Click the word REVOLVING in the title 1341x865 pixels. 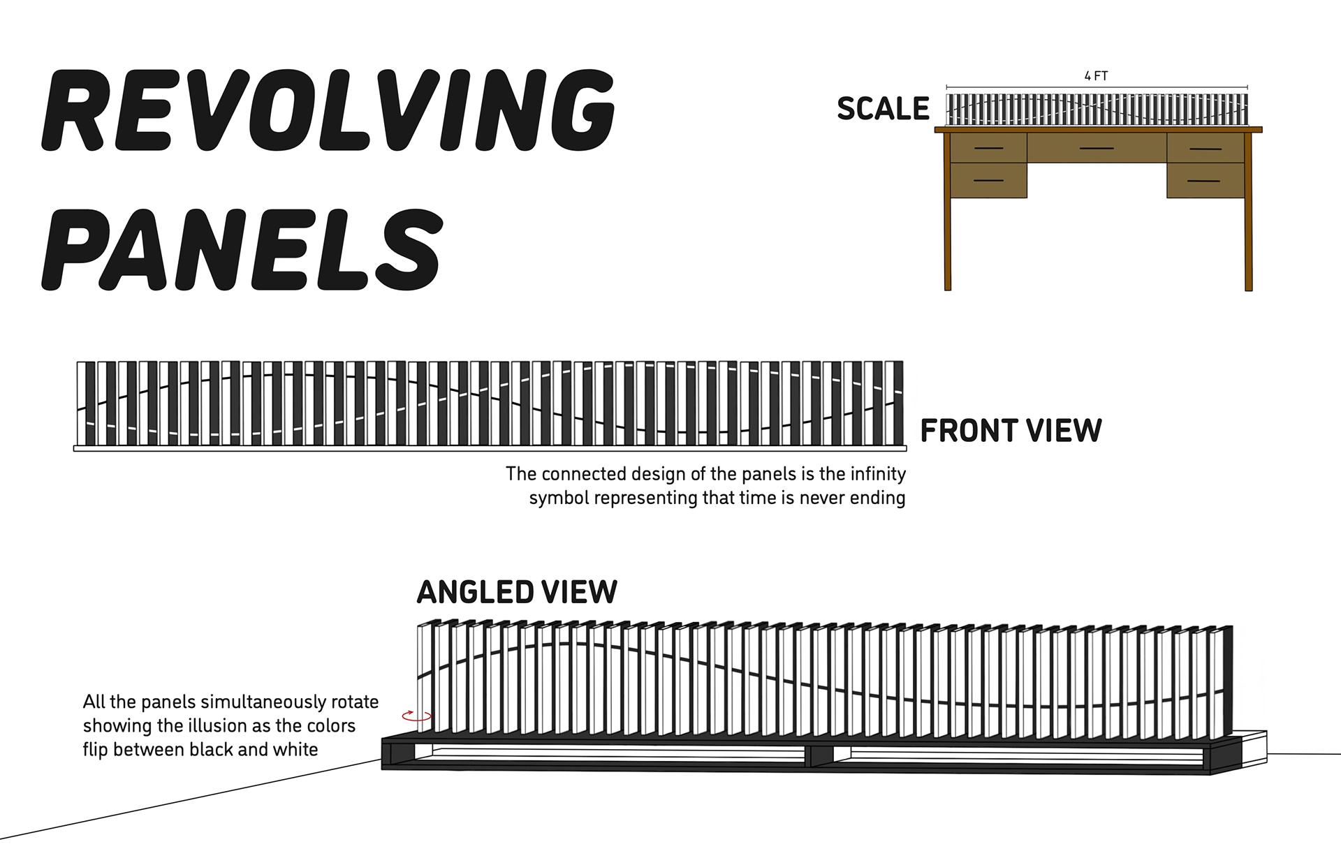pos(328,110)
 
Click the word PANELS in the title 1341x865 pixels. pos(242,250)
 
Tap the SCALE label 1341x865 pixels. pos(883,109)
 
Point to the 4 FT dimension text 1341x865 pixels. pos(1096,76)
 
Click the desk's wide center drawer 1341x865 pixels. pos(1097,148)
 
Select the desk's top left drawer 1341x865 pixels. pos(988,148)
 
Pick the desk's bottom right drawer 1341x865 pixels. pos(1205,181)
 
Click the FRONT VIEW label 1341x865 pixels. pos(1011,431)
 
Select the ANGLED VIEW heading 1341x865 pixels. pos(517,593)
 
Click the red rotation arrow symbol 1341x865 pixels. pos(416,716)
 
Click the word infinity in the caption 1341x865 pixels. pos(878,474)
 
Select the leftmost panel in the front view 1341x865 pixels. pos(86,403)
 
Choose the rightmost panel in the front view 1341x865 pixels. pos(894,403)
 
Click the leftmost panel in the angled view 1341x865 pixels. pos(424,677)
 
